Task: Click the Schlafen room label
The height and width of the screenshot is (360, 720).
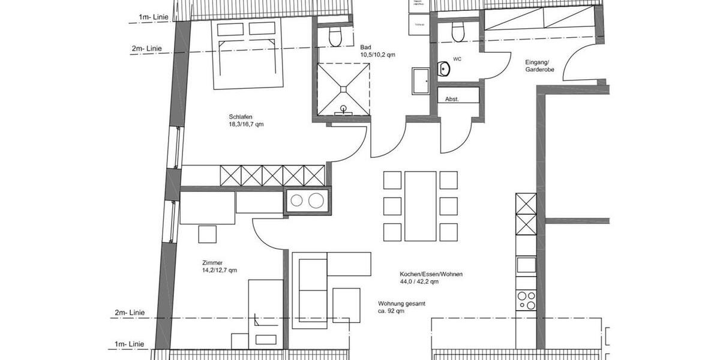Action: [240, 116]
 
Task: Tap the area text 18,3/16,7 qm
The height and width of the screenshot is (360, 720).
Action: [246, 125]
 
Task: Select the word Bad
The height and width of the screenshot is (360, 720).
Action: [365, 47]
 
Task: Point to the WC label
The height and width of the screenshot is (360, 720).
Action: [457, 59]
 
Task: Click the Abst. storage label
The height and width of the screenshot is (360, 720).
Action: [452, 99]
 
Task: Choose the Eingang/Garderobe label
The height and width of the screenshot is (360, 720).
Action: [539, 65]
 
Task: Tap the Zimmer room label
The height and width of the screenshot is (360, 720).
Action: [213, 262]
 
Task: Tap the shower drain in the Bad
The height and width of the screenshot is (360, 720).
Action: [343, 89]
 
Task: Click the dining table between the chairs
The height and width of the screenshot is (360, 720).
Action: [420, 206]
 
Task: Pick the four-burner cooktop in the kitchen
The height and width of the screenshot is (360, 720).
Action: [526, 299]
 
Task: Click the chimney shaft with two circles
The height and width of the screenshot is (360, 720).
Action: [307, 201]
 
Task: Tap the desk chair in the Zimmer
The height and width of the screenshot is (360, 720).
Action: [208, 233]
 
